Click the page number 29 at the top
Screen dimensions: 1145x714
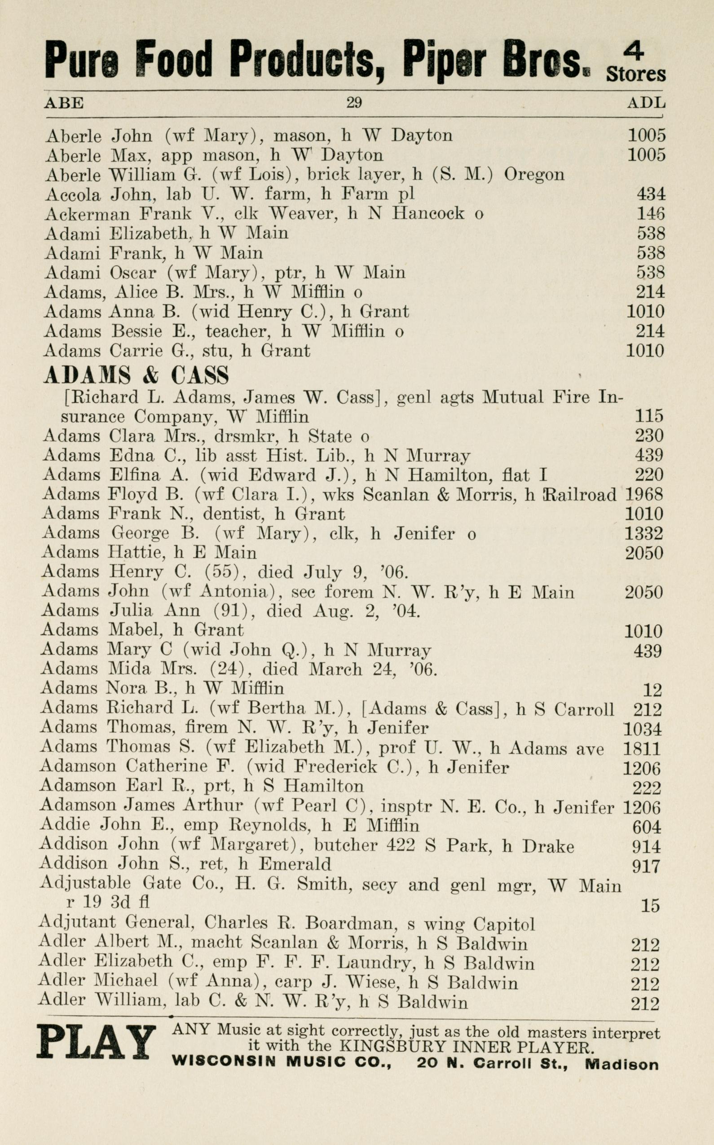coord(354,102)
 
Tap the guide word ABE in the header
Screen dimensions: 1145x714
coord(64,102)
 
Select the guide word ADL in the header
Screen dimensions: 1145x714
coord(646,102)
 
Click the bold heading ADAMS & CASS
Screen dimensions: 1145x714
coord(137,375)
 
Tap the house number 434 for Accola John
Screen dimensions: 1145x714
coord(651,194)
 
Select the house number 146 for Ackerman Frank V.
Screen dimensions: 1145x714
coord(651,213)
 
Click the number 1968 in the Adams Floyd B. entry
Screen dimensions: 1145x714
coord(644,494)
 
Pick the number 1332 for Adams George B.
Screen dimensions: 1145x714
coord(644,533)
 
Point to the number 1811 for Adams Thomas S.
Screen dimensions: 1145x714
coord(643,749)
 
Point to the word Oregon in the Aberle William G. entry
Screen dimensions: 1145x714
coord(534,175)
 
